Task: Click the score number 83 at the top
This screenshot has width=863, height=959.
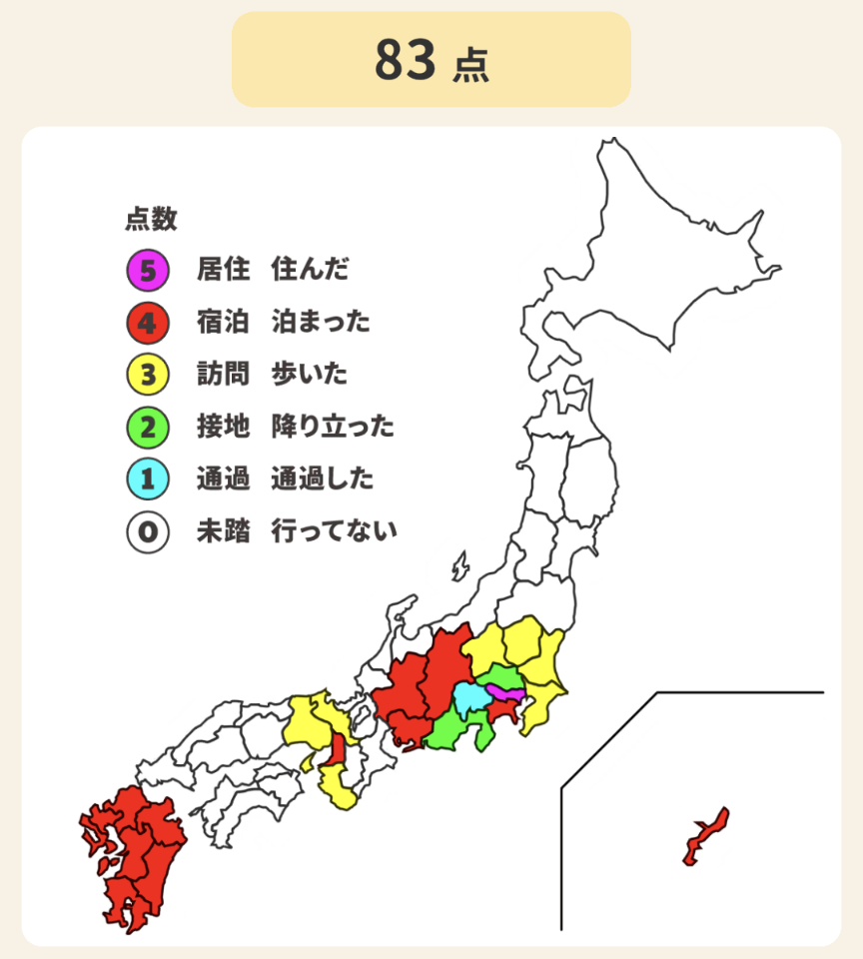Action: click(x=406, y=60)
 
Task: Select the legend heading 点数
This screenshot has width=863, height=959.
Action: click(x=151, y=219)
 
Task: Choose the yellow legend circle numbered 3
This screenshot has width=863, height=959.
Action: click(x=147, y=375)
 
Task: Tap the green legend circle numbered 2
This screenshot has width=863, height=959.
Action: click(x=147, y=428)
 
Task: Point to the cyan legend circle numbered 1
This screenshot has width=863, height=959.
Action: click(x=147, y=479)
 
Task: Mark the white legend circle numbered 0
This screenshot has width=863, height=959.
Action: click(x=147, y=531)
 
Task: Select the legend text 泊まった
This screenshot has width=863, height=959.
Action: click(x=321, y=322)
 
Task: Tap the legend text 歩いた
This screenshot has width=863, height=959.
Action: click(x=310, y=375)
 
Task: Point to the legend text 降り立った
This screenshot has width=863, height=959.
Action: click(x=333, y=428)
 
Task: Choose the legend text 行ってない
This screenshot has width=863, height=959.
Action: click(x=334, y=531)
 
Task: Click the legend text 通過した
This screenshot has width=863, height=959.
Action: click(x=322, y=479)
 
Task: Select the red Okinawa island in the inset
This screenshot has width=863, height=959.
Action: click(x=706, y=837)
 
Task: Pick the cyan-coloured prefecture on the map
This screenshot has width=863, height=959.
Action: click(x=468, y=698)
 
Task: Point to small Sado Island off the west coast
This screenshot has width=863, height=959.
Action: click(x=459, y=567)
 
